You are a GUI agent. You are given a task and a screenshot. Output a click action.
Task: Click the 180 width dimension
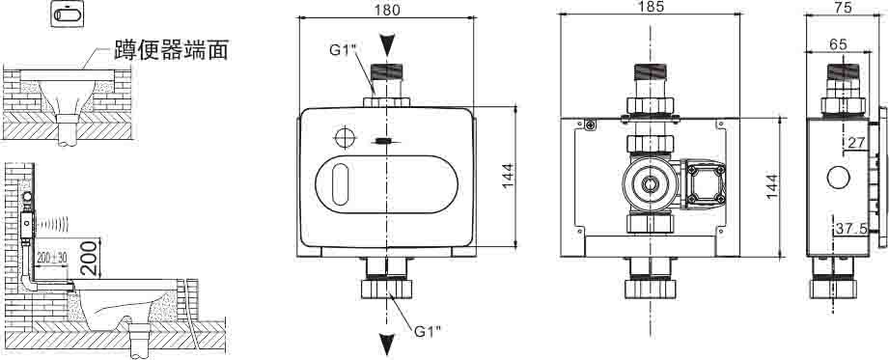pos(387,10)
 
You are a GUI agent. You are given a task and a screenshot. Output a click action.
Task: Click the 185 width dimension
pos(650,6)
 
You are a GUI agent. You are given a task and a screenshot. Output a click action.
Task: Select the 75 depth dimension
pos(844,8)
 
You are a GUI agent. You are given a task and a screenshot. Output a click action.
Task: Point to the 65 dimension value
pos(838,43)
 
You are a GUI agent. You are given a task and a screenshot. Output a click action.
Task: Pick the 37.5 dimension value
pos(851,229)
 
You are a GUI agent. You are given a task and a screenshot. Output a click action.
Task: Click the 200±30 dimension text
pos(52,258)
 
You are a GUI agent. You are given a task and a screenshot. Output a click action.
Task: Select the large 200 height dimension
pos(90,258)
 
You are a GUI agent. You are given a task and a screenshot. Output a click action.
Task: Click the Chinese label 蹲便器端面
pos(171,50)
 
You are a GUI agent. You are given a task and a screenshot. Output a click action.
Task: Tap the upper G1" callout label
pos(343,49)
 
